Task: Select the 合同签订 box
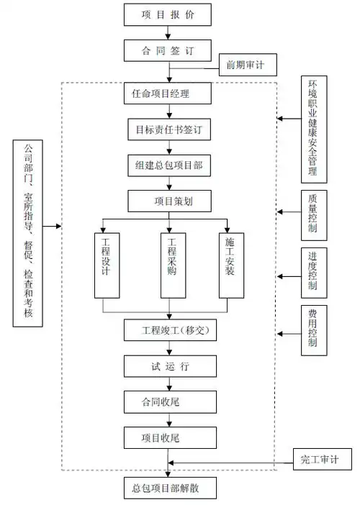[168, 51]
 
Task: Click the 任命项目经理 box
[168, 94]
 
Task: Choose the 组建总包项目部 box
[168, 165]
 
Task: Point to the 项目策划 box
[168, 200]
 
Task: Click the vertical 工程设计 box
[106, 264]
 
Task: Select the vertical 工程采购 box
[171, 264]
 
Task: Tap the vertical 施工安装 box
[231, 264]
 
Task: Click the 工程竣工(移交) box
[168, 331]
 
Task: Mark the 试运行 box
[168, 366]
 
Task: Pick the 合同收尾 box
[168, 401]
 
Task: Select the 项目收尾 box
[168, 437]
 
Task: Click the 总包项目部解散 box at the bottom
[168, 488]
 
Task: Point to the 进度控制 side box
[312, 272]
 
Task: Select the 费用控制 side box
[312, 329]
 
